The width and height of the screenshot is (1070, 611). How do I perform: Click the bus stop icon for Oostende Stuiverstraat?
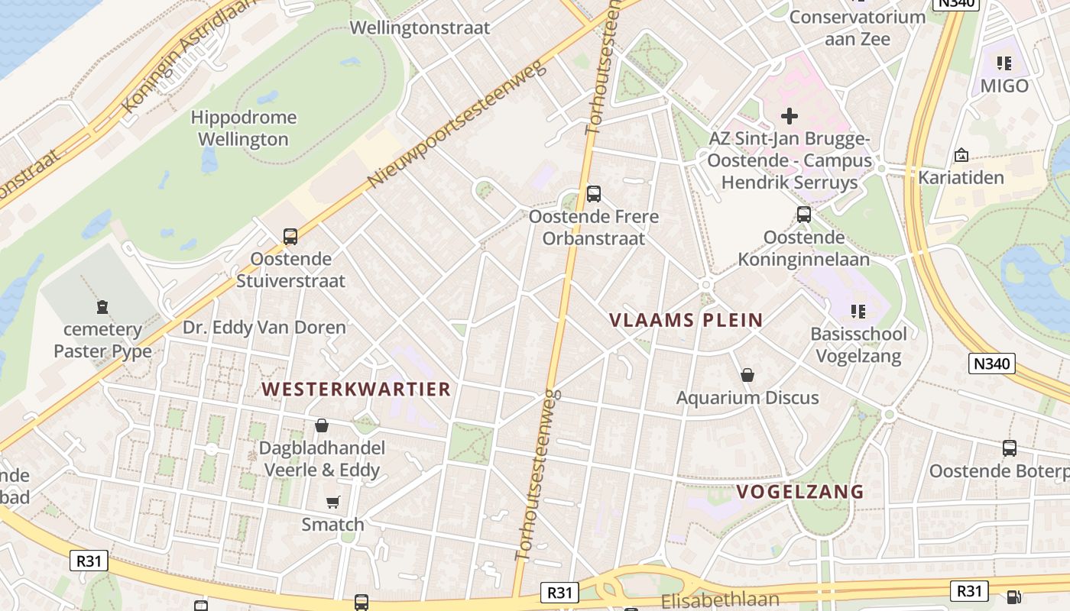290,237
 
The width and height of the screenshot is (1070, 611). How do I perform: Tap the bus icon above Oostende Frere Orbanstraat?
594,194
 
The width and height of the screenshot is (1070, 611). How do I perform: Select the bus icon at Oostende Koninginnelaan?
804,215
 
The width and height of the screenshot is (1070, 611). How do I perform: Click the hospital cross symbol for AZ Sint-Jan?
790,116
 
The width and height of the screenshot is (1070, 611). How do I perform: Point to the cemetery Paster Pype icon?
102,307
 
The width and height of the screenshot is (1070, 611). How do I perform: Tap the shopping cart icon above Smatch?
332,502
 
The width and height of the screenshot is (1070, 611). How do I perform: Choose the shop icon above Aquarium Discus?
747,375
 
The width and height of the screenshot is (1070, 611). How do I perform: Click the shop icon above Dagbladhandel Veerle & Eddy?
322,425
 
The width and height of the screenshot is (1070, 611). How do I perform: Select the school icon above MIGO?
1004,63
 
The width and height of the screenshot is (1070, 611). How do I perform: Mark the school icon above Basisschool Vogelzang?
858,311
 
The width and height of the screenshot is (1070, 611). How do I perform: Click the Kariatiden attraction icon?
961,155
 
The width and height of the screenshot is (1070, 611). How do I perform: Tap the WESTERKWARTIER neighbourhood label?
356,389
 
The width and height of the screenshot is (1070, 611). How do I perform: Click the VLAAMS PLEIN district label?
686,320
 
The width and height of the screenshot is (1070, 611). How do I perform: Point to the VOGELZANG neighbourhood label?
800,491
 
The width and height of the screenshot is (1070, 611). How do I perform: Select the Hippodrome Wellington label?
243,128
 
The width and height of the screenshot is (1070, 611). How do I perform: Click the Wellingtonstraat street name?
420,27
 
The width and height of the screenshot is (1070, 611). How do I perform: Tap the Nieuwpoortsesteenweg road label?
458,125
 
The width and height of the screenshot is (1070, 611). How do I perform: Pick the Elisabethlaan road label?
720,600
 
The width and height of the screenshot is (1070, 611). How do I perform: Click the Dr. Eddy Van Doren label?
264,328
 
